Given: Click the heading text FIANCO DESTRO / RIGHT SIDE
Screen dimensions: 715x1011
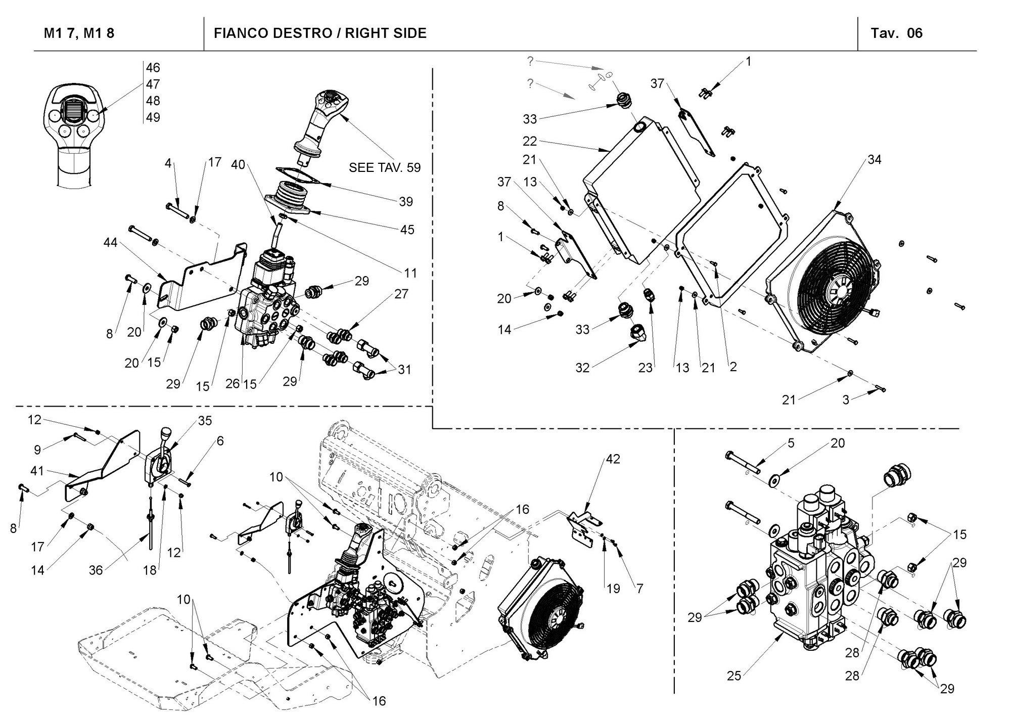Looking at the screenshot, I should [x=320, y=33].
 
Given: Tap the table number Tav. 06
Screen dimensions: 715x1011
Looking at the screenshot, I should [x=896, y=33].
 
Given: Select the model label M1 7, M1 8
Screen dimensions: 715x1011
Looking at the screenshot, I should [x=79, y=33].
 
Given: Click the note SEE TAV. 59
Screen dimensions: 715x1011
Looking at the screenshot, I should [x=384, y=167].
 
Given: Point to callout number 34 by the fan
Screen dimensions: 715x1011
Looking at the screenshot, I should [x=874, y=160].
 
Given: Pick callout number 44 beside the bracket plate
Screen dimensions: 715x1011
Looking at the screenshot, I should [x=110, y=243].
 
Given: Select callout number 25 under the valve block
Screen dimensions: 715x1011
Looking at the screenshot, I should [x=734, y=676].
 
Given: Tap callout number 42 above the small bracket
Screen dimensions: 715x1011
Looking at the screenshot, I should [x=613, y=459].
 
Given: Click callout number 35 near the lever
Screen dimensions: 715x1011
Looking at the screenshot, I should [x=205, y=421].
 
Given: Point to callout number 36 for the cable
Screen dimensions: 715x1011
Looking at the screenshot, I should [x=96, y=570].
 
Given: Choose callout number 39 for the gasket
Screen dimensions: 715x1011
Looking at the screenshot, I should [x=406, y=202].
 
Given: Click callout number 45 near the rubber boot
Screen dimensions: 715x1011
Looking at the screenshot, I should [x=407, y=230].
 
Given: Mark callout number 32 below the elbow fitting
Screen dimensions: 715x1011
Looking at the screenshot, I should [x=582, y=368].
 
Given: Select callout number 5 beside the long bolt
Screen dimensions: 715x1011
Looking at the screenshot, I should [x=791, y=443].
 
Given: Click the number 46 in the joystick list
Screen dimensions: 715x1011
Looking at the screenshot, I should [x=153, y=68].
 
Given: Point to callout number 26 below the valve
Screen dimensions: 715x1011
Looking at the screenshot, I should [x=233, y=384].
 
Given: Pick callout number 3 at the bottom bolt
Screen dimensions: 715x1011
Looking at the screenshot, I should [x=845, y=399].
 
